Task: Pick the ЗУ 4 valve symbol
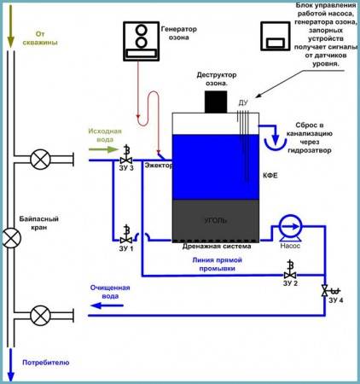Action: tap(330, 291)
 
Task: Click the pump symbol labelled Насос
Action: tap(290, 228)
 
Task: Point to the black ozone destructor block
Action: tap(216, 102)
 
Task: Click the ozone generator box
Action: tap(141, 41)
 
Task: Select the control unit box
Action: tap(276, 36)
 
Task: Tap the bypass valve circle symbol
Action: tap(11, 237)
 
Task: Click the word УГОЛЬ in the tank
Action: tap(216, 220)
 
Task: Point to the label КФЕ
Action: tap(270, 176)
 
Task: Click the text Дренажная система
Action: tap(217, 247)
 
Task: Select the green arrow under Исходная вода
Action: tap(103, 149)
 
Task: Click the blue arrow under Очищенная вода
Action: tap(107, 305)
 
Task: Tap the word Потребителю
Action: tap(46, 363)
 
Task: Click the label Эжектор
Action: tap(159, 166)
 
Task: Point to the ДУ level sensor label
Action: tap(243, 102)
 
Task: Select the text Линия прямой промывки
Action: tap(217, 265)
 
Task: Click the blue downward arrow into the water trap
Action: tap(275, 136)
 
